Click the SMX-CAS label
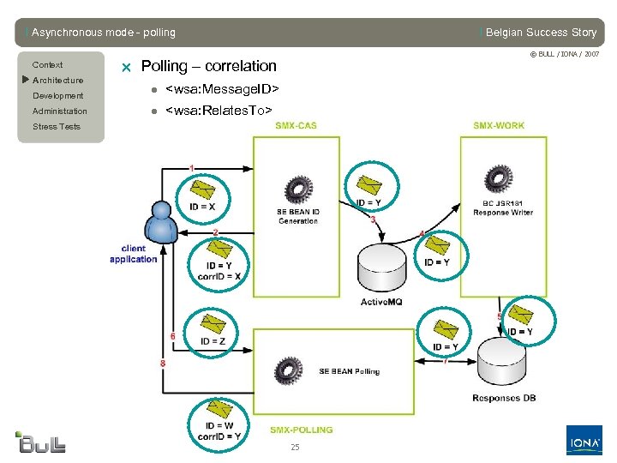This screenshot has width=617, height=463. point(296,126)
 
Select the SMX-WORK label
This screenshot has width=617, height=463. point(499,126)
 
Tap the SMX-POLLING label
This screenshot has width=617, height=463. point(301,430)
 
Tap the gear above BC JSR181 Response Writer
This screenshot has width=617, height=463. point(497,178)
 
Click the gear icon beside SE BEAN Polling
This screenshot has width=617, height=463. point(287,370)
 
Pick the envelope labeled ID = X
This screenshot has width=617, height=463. point(202,189)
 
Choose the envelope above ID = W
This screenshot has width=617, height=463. point(219,409)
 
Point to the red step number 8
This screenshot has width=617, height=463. point(163,364)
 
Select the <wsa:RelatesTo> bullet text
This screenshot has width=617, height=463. point(219,110)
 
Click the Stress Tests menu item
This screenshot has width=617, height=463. point(57,127)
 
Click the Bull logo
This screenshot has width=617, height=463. point(41,442)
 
